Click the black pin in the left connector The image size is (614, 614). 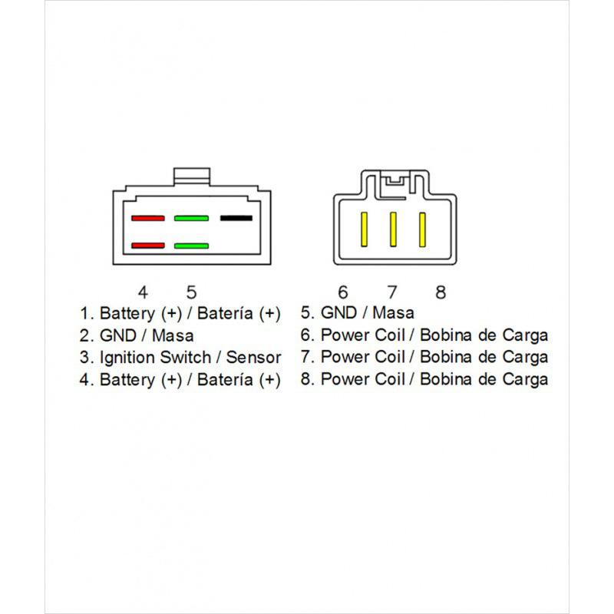click(236, 218)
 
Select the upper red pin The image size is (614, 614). click(148, 219)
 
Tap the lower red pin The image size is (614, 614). click(148, 246)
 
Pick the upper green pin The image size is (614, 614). click(192, 219)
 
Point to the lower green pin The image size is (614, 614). click(192, 246)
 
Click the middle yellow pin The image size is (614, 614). click(393, 228)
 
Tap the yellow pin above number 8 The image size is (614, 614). click(421, 228)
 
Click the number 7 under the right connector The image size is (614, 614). click(392, 292)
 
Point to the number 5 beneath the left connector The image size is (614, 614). click(192, 292)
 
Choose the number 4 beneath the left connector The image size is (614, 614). click(143, 292)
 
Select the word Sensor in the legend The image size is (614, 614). click(253, 358)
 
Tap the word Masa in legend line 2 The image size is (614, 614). click(173, 335)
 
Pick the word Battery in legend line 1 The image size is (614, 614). click(127, 313)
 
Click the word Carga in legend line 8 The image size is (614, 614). click(526, 380)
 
